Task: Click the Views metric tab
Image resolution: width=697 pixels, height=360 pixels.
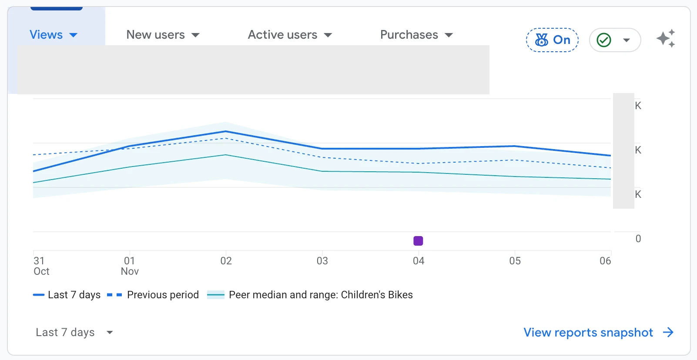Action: pos(53,34)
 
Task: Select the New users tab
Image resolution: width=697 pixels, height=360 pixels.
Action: pos(163,34)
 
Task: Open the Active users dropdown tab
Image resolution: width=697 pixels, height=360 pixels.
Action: pos(290,34)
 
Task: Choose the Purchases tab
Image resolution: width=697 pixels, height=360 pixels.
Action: pos(416,34)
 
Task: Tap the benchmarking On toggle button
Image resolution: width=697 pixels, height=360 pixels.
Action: pos(552,40)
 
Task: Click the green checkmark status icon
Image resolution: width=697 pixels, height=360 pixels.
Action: pos(604,40)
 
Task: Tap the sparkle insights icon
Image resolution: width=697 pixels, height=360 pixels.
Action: pos(666,39)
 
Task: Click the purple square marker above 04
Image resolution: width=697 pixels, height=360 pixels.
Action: pos(418,240)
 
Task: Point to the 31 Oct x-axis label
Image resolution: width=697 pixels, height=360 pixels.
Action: pos(41,266)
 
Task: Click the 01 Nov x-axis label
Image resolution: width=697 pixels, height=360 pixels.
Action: pos(130,266)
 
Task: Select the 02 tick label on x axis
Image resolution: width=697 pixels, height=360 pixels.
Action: pos(226,260)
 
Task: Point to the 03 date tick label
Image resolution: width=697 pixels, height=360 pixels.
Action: pos(322,260)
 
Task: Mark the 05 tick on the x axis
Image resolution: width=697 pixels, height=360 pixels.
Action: pos(515,260)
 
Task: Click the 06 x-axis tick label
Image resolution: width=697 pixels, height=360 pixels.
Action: pos(605,260)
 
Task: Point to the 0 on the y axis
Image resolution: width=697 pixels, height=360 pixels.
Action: pos(638,238)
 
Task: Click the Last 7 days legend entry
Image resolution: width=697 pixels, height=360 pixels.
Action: pos(67,295)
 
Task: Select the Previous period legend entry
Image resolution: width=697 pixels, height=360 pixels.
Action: pos(153,295)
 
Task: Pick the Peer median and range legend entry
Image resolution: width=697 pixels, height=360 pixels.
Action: pos(310,295)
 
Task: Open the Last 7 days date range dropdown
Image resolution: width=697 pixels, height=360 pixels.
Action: pos(74,332)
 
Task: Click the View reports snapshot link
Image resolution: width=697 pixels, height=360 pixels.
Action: pos(599,332)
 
